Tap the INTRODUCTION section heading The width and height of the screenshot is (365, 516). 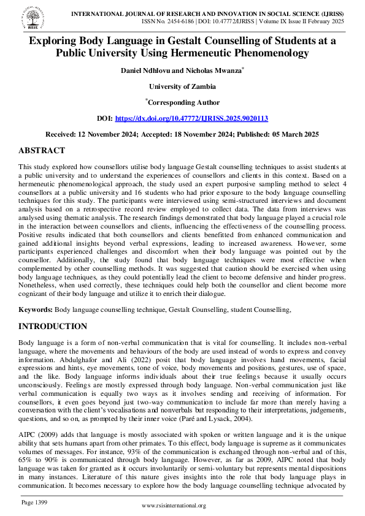(53, 326)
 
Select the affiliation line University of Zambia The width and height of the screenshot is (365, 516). (182, 86)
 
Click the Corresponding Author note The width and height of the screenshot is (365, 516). (183, 102)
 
